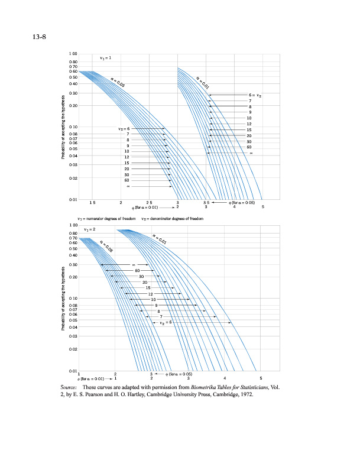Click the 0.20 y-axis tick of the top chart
click(x=73, y=105)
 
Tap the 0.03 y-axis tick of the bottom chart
click(x=73, y=336)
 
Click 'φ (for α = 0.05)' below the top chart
click(x=241, y=203)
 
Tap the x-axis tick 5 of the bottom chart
click(x=261, y=378)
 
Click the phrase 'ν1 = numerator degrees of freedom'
click(x=107, y=218)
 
